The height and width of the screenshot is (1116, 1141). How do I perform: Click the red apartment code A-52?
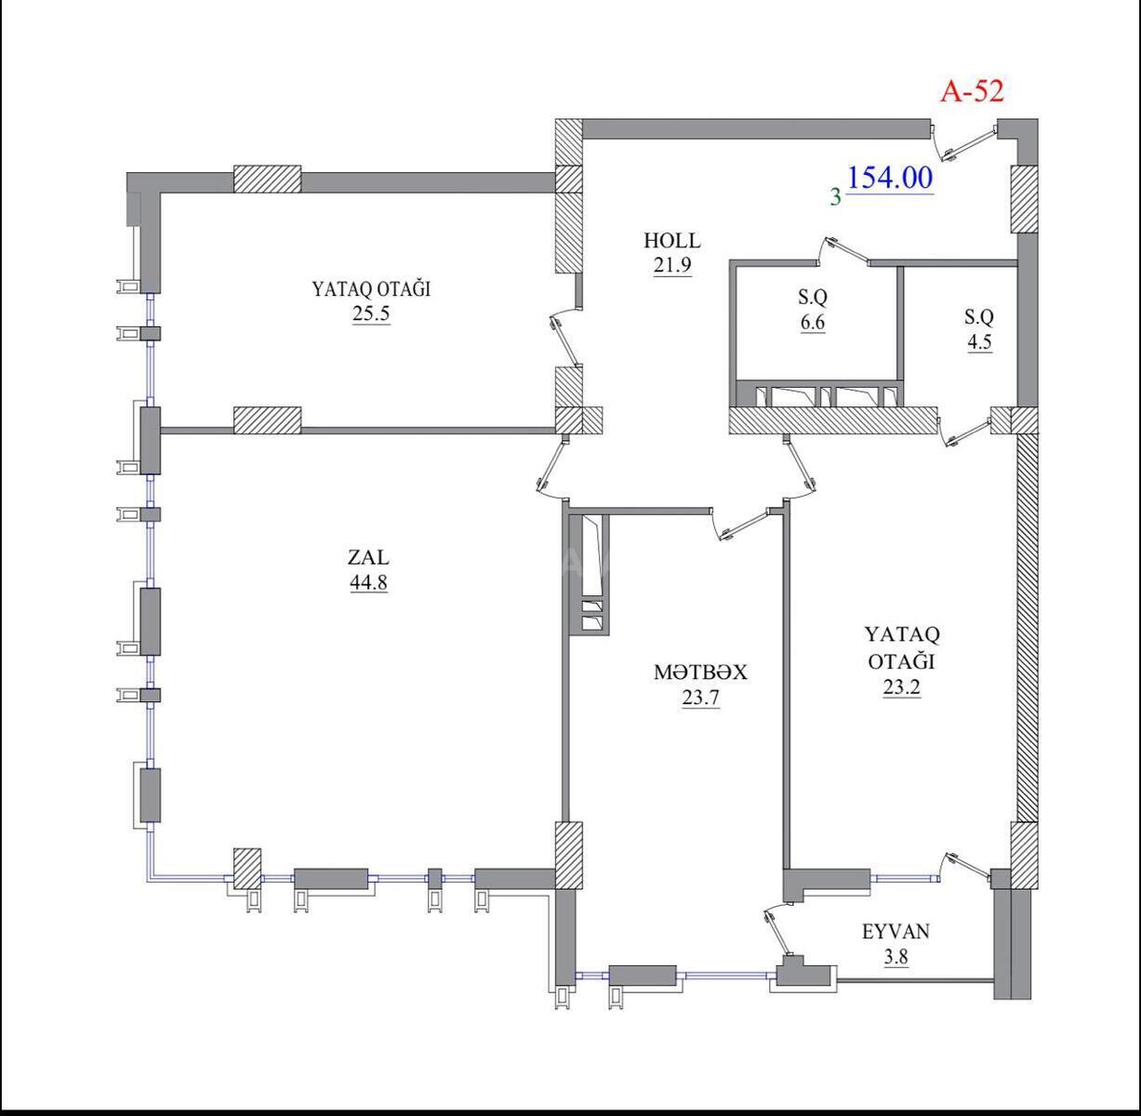(972, 92)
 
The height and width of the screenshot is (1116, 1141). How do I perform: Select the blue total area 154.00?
(890, 178)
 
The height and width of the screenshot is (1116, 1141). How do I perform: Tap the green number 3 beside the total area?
(835, 196)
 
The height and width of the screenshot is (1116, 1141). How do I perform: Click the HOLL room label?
(672, 241)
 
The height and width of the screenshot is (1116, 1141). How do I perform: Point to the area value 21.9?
(672, 265)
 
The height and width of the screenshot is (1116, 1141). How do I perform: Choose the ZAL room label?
(368, 557)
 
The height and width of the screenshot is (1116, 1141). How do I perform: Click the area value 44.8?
(368, 583)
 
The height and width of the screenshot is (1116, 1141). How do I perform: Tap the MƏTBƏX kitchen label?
(700, 672)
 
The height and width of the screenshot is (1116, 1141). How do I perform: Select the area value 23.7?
(700, 698)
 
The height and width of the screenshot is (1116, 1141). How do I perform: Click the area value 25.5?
(371, 313)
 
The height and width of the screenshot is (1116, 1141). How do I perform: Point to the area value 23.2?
(902, 686)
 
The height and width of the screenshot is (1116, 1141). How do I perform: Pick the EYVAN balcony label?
(896, 931)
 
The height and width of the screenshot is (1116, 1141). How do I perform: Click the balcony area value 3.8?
(896, 957)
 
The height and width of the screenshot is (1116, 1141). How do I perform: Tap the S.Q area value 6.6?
(813, 323)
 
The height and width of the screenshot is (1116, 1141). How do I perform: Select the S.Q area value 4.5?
(979, 342)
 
